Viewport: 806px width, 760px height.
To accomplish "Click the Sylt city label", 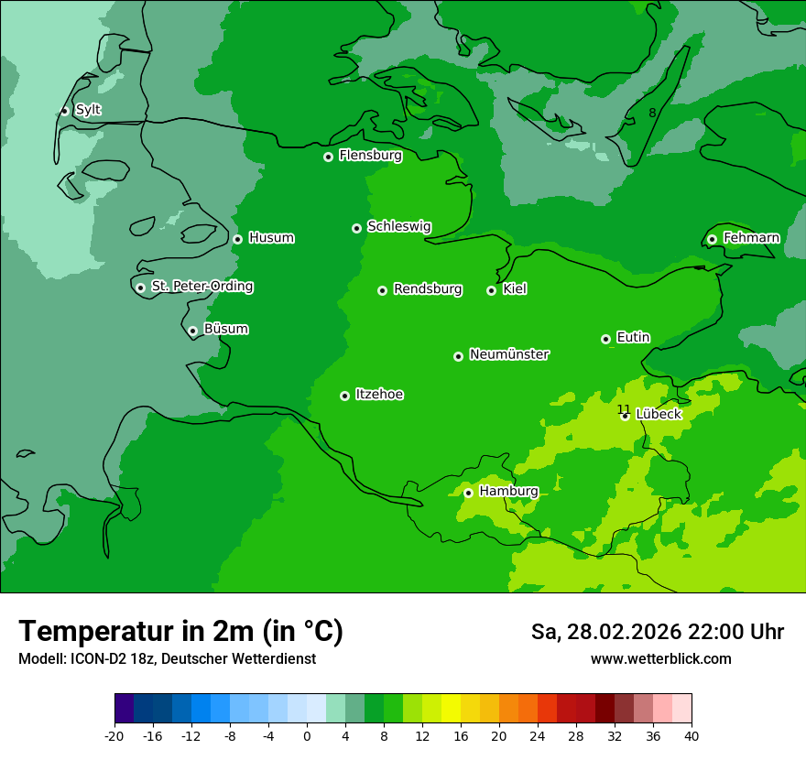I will pyautogui.click(x=88, y=110).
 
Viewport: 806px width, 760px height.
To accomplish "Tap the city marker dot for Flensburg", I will pyautogui.click(x=328, y=157).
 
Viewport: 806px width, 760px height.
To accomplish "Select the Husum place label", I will pyautogui.click(x=271, y=238).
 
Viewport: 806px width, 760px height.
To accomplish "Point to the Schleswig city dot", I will pyautogui.click(x=356, y=228).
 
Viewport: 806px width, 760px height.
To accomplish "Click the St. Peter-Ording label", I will pyautogui.click(x=201, y=287).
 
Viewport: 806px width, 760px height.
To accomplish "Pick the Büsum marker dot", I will pyautogui.click(x=192, y=331).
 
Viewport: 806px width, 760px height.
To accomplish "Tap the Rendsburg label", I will pyautogui.click(x=428, y=289).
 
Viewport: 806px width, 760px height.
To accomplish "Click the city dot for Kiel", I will pyautogui.click(x=491, y=290).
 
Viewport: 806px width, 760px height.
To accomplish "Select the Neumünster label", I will pyautogui.click(x=509, y=354).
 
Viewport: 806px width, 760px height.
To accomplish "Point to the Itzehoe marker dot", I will pyautogui.click(x=344, y=396).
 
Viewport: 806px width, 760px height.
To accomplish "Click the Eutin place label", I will pyautogui.click(x=633, y=338).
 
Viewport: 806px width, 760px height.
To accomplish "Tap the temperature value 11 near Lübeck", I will pyautogui.click(x=623, y=409).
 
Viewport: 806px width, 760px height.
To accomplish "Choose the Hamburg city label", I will pyautogui.click(x=508, y=492).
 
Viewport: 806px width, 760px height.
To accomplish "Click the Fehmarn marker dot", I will pyautogui.click(x=712, y=239).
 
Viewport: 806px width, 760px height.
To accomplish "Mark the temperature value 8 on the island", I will pyautogui.click(x=652, y=113).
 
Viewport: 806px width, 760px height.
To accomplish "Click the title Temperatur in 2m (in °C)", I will pyautogui.click(x=180, y=631).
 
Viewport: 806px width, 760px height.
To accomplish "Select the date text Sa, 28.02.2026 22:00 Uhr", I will pyautogui.click(x=657, y=632).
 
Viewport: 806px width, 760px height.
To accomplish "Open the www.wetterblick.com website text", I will pyautogui.click(x=660, y=658).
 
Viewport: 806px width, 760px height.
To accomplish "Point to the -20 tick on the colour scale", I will pyautogui.click(x=114, y=736).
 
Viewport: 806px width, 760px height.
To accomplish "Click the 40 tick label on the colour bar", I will pyautogui.click(x=692, y=736).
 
